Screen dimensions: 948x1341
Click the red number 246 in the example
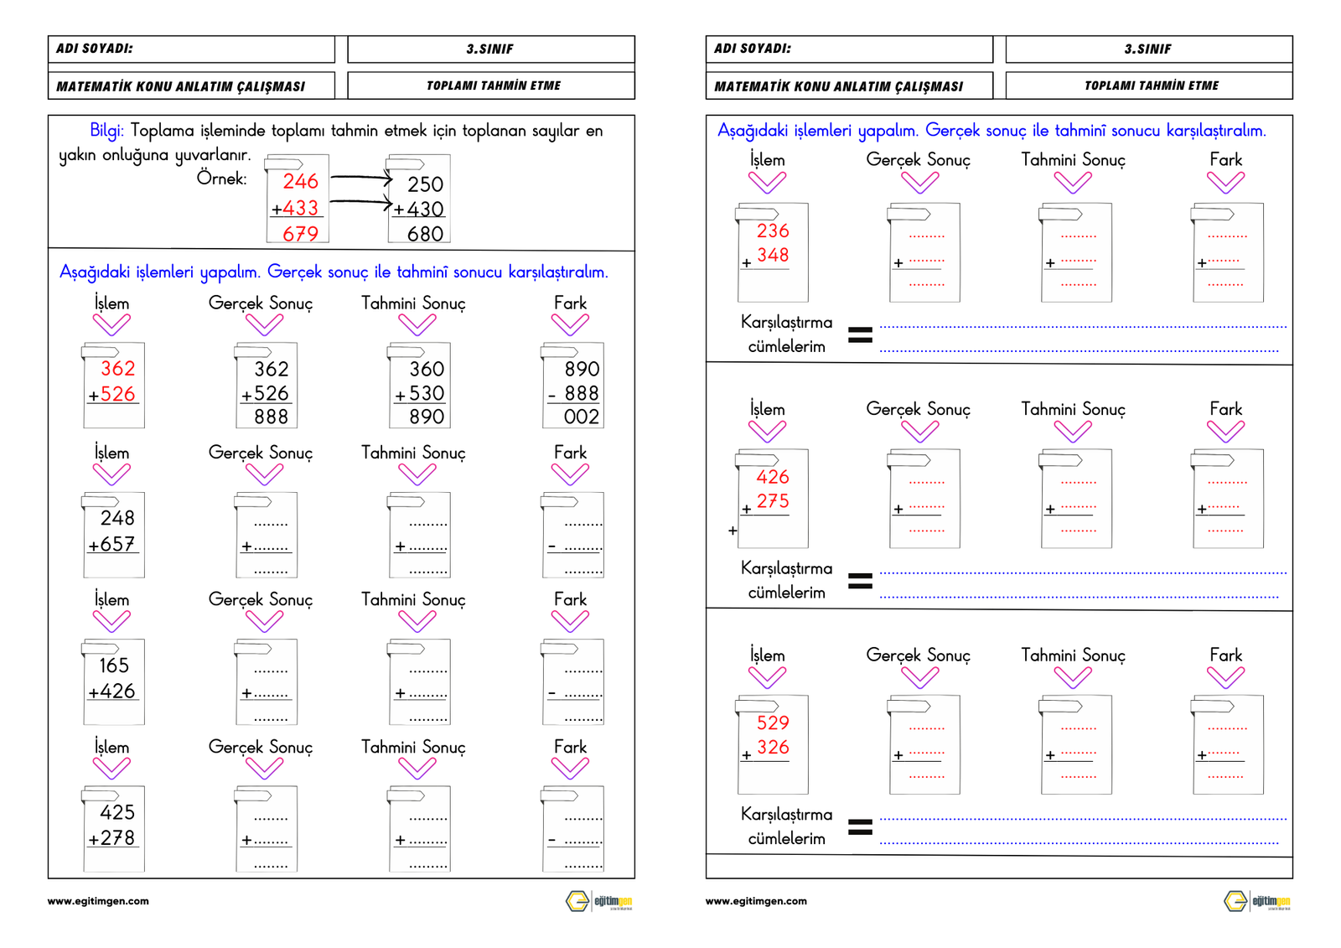click(300, 181)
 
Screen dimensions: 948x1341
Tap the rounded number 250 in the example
click(425, 184)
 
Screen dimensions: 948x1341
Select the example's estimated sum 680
click(425, 234)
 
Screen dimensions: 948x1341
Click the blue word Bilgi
click(106, 131)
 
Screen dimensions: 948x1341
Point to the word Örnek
click(221, 179)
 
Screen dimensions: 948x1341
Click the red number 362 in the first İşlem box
click(118, 369)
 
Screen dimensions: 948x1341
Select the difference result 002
click(581, 417)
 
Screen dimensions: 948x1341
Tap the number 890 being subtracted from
click(582, 370)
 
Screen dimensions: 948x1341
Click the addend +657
click(112, 544)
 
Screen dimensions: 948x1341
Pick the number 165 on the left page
click(114, 666)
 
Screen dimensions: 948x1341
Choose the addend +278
click(112, 837)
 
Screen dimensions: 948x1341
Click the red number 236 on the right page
click(773, 231)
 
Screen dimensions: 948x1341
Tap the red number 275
click(773, 501)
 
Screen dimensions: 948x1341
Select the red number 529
click(773, 723)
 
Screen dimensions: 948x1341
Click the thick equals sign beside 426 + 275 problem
click(860, 581)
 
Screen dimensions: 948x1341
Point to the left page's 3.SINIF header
click(489, 49)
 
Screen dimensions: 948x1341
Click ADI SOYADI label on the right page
click(752, 49)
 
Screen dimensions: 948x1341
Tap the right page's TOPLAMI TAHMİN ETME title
click(1151, 85)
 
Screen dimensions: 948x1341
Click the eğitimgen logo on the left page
click(598, 901)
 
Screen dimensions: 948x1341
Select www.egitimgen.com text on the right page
click(756, 901)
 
